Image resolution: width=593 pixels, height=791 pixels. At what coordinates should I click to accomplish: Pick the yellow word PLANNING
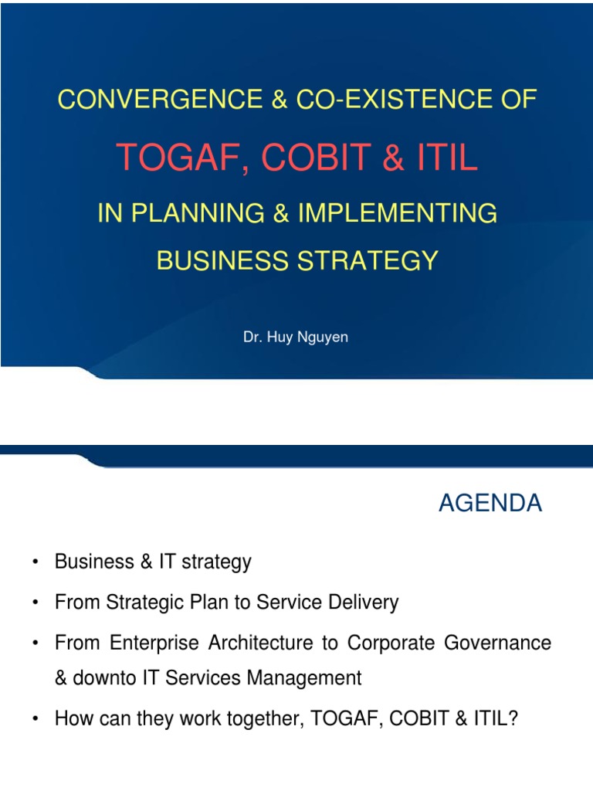point(197,214)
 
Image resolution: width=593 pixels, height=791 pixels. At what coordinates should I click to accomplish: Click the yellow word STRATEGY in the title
point(366,260)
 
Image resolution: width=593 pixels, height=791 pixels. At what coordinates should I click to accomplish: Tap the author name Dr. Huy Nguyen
point(296,338)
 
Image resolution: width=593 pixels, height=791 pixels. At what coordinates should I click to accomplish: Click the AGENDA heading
point(490,504)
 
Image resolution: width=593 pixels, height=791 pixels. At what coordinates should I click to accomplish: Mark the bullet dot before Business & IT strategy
point(36,562)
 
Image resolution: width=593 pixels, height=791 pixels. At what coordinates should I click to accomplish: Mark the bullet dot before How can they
point(36,718)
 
